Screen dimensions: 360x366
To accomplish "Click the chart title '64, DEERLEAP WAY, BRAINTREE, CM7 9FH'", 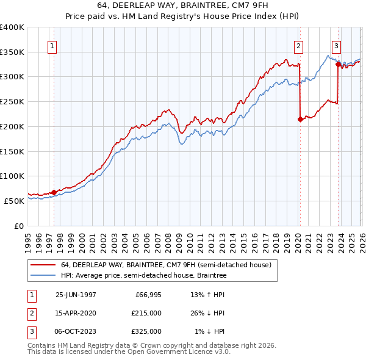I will point(182,5).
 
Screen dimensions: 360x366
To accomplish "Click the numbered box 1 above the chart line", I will point(52,45).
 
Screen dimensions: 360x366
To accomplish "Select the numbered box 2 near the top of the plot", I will point(298,45).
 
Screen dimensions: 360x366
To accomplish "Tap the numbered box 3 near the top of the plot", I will point(337,45).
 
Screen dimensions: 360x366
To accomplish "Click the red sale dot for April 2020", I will point(300,120).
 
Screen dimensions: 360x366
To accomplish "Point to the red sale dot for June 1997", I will point(54,192).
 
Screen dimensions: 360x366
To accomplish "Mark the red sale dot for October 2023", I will point(338,64).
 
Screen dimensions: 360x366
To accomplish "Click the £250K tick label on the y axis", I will point(12,101).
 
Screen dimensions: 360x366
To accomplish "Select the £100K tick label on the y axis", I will point(12,176).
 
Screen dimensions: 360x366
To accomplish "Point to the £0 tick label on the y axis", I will point(19,225).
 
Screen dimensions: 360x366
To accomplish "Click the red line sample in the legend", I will point(43,265).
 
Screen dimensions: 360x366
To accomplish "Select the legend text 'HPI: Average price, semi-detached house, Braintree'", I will point(144,275).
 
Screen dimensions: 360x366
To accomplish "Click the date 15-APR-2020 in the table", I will point(76,312).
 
